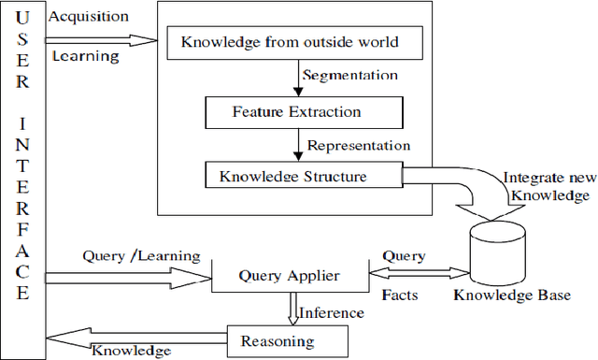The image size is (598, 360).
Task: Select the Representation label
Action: [359, 145]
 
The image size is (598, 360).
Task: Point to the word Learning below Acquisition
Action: [85, 56]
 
